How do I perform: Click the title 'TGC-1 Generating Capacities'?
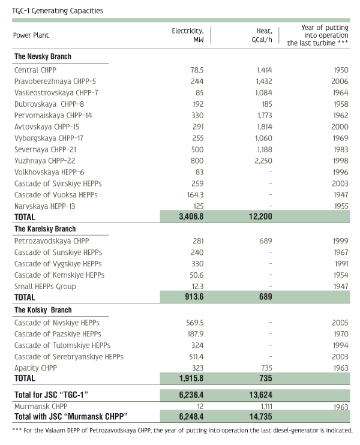pos(58,11)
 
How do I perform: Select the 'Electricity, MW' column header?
pos(188,35)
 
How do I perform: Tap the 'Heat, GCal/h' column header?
pos(262,35)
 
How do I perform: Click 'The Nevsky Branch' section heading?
pos(43,56)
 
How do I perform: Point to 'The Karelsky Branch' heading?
pos(45,228)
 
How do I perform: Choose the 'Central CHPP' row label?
pos(35,70)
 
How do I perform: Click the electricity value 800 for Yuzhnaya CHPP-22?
pos(197,161)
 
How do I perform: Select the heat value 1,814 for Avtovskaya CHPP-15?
pos(265,127)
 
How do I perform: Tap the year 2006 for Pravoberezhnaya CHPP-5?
pos(340,82)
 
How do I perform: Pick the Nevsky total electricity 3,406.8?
pos(191,217)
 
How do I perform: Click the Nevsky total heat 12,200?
pos(260,217)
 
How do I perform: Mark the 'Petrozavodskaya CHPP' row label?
pos(52,241)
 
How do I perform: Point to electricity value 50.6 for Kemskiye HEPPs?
pos(196,275)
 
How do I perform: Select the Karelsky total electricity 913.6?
pos(194,297)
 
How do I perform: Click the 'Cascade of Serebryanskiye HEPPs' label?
pos(69,357)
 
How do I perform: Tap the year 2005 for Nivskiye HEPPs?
pos(340,323)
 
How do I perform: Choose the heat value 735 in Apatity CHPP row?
pos(266,368)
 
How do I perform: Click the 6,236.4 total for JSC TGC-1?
pos(191,395)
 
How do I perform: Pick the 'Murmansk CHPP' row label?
pos(41,407)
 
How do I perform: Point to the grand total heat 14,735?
pos(260,417)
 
